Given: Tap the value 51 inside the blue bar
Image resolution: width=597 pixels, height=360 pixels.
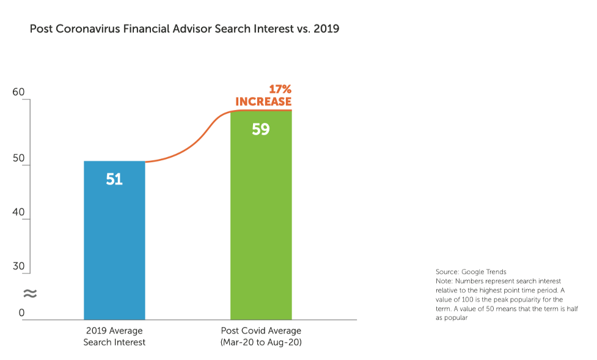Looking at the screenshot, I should [x=114, y=179].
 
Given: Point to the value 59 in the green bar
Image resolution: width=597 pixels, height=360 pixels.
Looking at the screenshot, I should [x=261, y=130].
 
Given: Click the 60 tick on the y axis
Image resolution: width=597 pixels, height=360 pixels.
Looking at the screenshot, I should [x=18, y=92].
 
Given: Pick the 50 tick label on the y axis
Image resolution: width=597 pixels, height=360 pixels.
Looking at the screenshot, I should [x=18, y=158].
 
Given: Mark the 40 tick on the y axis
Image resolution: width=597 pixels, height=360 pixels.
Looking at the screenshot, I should [x=18, y=212].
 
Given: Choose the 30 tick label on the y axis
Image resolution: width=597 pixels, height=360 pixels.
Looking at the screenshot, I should [x=18, y=266].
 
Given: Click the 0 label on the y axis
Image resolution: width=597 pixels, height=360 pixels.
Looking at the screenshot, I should [x=21, y=313].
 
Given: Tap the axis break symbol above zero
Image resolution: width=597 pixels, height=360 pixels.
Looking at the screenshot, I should [x=29, y=294].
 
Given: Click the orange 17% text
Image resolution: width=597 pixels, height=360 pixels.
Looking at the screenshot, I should [x=280, y=89].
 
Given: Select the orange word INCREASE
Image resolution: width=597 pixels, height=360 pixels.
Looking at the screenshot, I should [x=263, y=101].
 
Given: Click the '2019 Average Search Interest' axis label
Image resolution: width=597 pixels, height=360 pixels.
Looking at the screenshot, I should [x=114, y=336].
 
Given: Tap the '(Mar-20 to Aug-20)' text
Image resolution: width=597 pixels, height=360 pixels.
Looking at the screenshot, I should [x=261, y=342].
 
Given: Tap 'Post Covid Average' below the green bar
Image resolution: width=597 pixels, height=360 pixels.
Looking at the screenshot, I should [x=261, y=331].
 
